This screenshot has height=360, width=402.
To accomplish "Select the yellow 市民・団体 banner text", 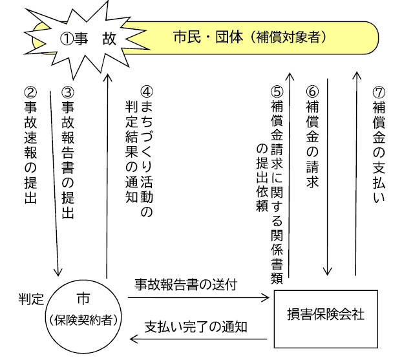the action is (x=250, y=37).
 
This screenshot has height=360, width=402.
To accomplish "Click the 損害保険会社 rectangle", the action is (x=326, y=319).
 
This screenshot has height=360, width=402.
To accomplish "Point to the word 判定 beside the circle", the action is (x=31, y=299).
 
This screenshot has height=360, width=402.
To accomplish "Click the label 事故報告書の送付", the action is (x=185, y=284).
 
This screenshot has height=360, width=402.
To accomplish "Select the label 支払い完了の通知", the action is (x=196, y=327).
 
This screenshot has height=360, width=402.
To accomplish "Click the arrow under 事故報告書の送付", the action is (x=198, y=298).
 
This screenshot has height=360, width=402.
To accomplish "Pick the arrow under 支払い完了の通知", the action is (x=198, y=339).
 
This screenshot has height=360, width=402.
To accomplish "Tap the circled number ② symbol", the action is (x=30, y=92).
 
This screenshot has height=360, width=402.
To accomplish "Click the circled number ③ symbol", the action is (x=68, y=92).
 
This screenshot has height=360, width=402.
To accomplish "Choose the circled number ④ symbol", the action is (x=147, y=92).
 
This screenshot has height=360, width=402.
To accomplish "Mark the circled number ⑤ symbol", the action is (x=277, y=92).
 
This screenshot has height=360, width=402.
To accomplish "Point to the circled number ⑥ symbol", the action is (x=313, y=92).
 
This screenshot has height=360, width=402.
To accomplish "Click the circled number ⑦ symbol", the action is (x=379, y=92).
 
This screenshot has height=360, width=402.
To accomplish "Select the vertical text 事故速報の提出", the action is (x=30, y=152).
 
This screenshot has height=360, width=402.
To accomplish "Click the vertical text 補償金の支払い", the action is (x=379, y=152).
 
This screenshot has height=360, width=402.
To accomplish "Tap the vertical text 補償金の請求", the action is (x=313, y=144).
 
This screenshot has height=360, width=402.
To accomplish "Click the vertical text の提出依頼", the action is (x=262, y=178).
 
